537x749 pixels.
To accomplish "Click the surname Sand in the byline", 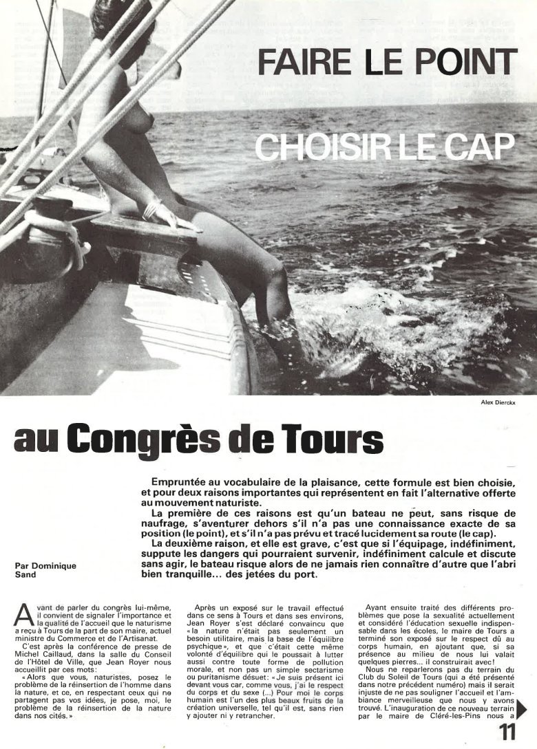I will click(x=23, y=575).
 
